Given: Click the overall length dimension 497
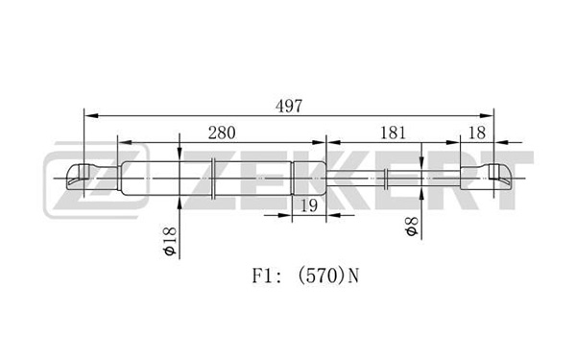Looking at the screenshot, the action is [289, 107].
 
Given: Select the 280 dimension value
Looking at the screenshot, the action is [222, 132].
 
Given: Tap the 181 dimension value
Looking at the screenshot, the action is [393, 132].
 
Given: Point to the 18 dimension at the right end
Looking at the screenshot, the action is [477, 132].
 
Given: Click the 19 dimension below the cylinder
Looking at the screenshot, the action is [309, 205].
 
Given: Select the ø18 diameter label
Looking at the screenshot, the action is [169, 241].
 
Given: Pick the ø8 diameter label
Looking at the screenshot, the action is [412, 227].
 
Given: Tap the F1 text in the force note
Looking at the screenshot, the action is [261, 276].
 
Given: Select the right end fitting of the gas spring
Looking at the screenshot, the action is [486, 178].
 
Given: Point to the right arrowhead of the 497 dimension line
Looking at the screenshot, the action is [486, 116].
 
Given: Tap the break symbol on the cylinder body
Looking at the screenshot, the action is [213, 179].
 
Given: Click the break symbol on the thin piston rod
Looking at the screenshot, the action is [386, 179].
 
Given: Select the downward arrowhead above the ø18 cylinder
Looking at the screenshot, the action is [180, 154].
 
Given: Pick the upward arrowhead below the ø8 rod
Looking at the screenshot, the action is [421, 193].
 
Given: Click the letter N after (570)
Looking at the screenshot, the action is [353, 276].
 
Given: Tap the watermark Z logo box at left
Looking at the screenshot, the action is [96, 180].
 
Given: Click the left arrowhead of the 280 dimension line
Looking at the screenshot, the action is [125, 142].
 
